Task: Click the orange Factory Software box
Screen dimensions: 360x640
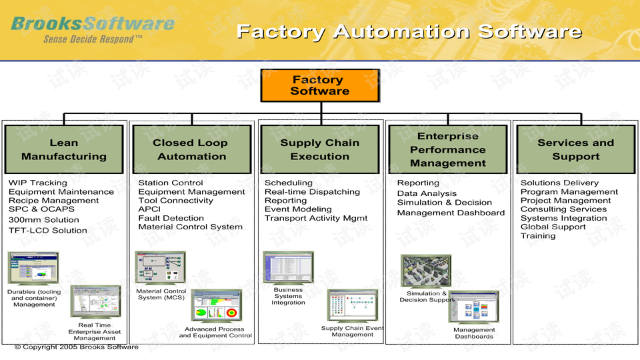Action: pos(319,85)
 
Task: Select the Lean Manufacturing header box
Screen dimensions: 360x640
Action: pos(64,149)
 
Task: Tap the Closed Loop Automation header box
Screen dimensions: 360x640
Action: pos(191,149)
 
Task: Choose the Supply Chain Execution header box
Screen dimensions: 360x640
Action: pos(319,149)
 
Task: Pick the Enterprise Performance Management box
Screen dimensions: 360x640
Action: pos(447,149)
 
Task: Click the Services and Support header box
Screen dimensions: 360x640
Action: pos(575,149)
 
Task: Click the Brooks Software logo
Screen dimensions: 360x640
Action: pos(93,24)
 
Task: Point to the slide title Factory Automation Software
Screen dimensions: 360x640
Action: pos(409,31)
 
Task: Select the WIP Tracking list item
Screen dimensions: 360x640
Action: pos(38,183)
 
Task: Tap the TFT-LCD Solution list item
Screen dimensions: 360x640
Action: pos(48,230)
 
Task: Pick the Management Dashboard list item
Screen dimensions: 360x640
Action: pos(451,213)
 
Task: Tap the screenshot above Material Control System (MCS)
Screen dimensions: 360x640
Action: pos(159,268)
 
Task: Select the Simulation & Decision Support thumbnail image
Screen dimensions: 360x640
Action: pos(425,271)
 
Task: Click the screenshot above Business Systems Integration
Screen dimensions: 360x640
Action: pos(288,267)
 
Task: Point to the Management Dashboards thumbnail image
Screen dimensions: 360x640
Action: pos(473,307)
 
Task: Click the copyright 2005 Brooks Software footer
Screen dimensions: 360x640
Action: pos(77,347)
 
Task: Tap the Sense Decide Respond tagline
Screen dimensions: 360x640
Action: pos(93,39)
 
